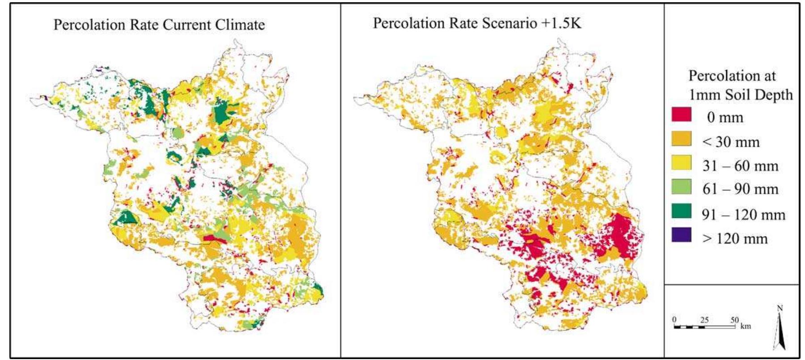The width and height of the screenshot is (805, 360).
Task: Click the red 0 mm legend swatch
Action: click(x=681, y=114)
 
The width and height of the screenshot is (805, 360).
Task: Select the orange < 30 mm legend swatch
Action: click(x=681, y=139)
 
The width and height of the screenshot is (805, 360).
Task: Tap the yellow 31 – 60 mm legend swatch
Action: click(x=681, y=163)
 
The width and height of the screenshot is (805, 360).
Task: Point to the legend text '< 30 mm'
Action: click(x=731, y=142)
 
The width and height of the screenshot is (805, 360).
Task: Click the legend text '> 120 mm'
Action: click(x=734, y=238)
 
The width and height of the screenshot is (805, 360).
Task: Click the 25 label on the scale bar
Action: click(x=704, y=320)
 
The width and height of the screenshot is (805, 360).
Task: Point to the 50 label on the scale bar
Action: click(x=734, y=320)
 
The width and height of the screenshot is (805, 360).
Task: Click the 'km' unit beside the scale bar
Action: click(x=745, y=326)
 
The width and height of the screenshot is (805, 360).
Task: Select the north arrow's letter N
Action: click(x=780, y=308)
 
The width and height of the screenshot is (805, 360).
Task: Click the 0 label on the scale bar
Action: click(x=674, y=320)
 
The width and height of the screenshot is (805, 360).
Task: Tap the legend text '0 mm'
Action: click(x=725, y=118)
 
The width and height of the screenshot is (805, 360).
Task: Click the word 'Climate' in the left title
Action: click(x=240, y=25)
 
